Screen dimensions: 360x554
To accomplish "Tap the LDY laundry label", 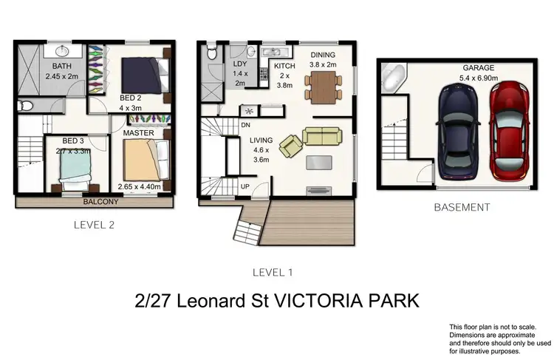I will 239,52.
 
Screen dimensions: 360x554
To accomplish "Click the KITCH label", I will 284,67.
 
